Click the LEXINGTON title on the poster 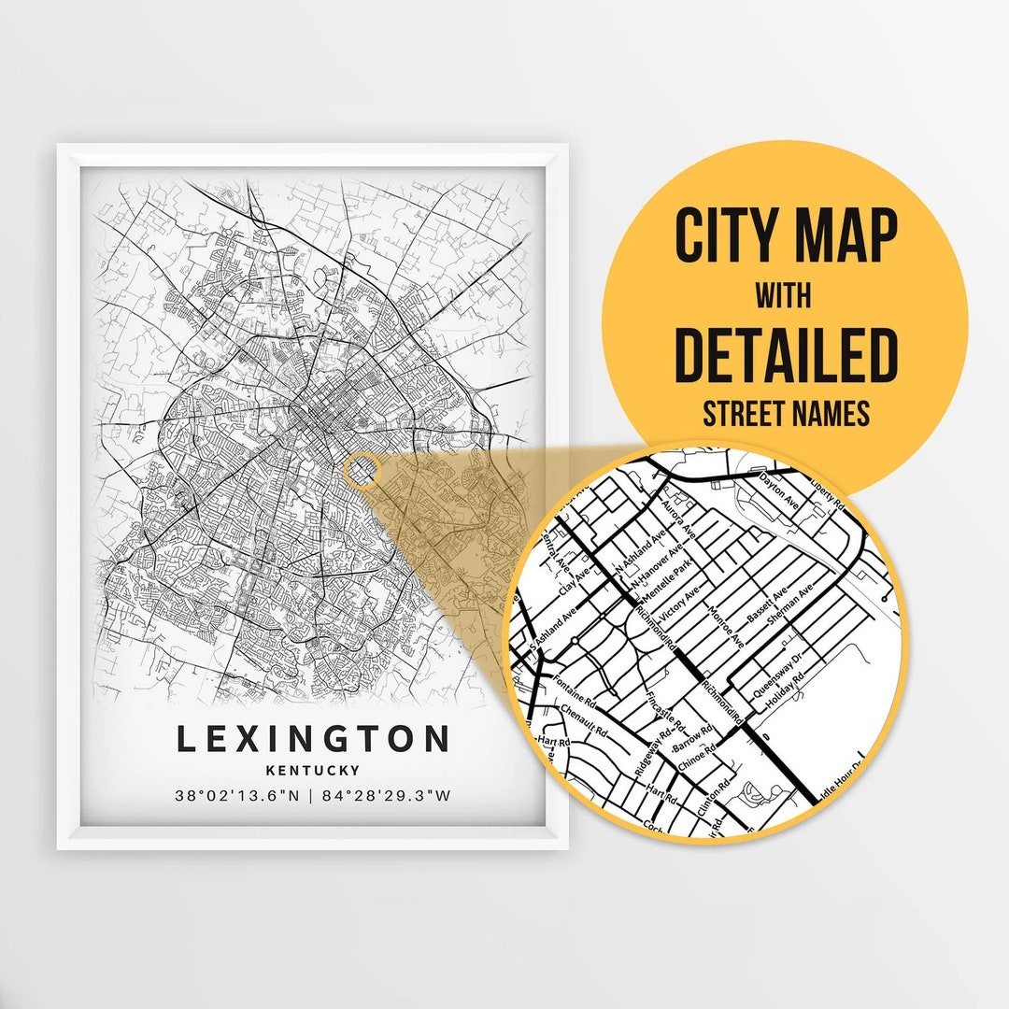click(x=313, y=740)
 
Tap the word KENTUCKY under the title click(x=313, y=771)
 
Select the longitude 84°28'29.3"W click(x=385, y=796)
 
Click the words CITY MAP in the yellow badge click(x=785, y=238)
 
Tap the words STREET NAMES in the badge click(x=785, y=413)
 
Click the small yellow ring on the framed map click(x=361, y=470)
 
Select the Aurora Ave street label click(x=679, y=517)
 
